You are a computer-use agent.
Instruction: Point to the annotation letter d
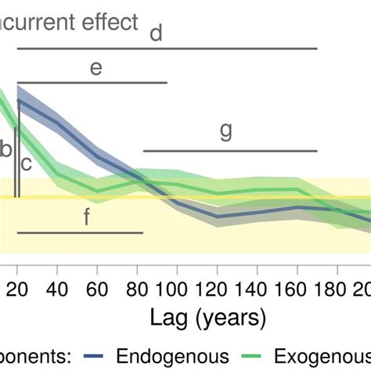point(156,33)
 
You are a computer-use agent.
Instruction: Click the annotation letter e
point(95,68)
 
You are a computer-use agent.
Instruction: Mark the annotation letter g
point(225,131)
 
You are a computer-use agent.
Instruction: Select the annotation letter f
point(87,217)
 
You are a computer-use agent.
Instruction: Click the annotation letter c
point(26,164)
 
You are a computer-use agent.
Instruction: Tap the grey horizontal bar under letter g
point(230,150)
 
